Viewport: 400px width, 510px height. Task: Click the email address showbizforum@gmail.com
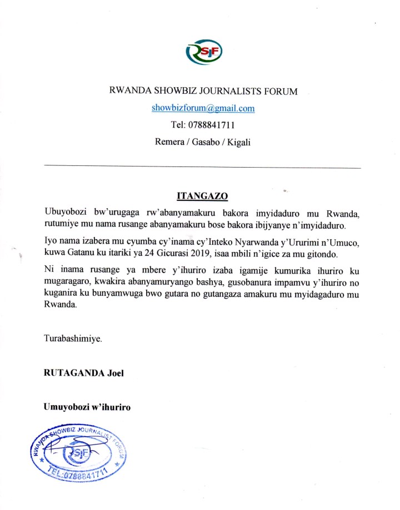click(203, 108)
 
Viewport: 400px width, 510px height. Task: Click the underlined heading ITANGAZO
click(202, 196)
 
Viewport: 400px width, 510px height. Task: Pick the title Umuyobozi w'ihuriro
click(87, 407)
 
